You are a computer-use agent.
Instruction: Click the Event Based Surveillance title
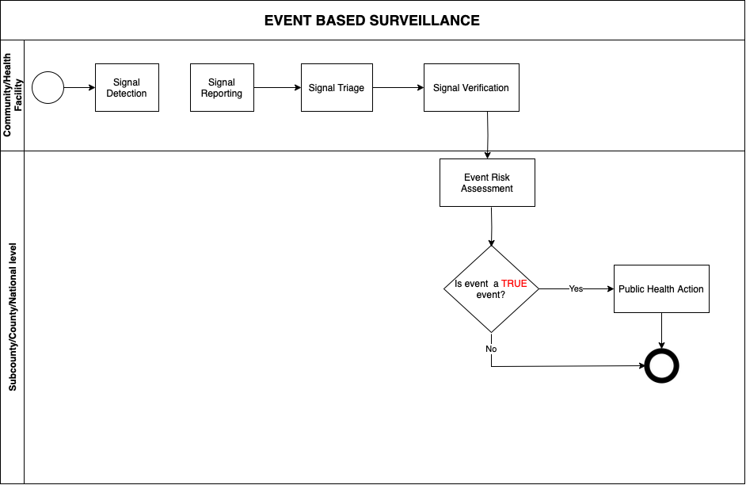[x=372, y=21]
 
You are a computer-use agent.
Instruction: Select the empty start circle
[x=48, y=88]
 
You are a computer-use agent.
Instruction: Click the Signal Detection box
[x=127, y=88]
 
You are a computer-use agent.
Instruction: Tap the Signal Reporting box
[x=222, y=88]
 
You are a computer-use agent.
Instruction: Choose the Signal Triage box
[x=337, y=88]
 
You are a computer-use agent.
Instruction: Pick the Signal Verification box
[x=471, y=88]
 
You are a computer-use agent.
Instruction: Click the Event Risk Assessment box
[x=487, y=183]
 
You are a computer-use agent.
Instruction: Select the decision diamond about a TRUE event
[x=491, y=289]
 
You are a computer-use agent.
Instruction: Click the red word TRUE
[x=514, y=284]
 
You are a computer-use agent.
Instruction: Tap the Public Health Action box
[x=661, y=289]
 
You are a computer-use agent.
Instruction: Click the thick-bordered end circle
[x=662, y=366]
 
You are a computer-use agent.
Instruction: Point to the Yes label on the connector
[x=576, y=289]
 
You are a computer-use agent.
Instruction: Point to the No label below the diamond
[x=491, y=349]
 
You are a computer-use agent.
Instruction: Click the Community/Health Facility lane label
[x=13, y=95]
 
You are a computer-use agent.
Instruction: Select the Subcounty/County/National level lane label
[x=13, y=317]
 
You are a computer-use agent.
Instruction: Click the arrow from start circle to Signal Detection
[x=79, y=88]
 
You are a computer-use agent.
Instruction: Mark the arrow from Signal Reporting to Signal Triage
[x=277, y=88]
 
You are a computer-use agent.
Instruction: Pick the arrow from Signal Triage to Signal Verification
[x=398, y=88]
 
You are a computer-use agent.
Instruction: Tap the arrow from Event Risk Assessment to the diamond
[x=491, y=226]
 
